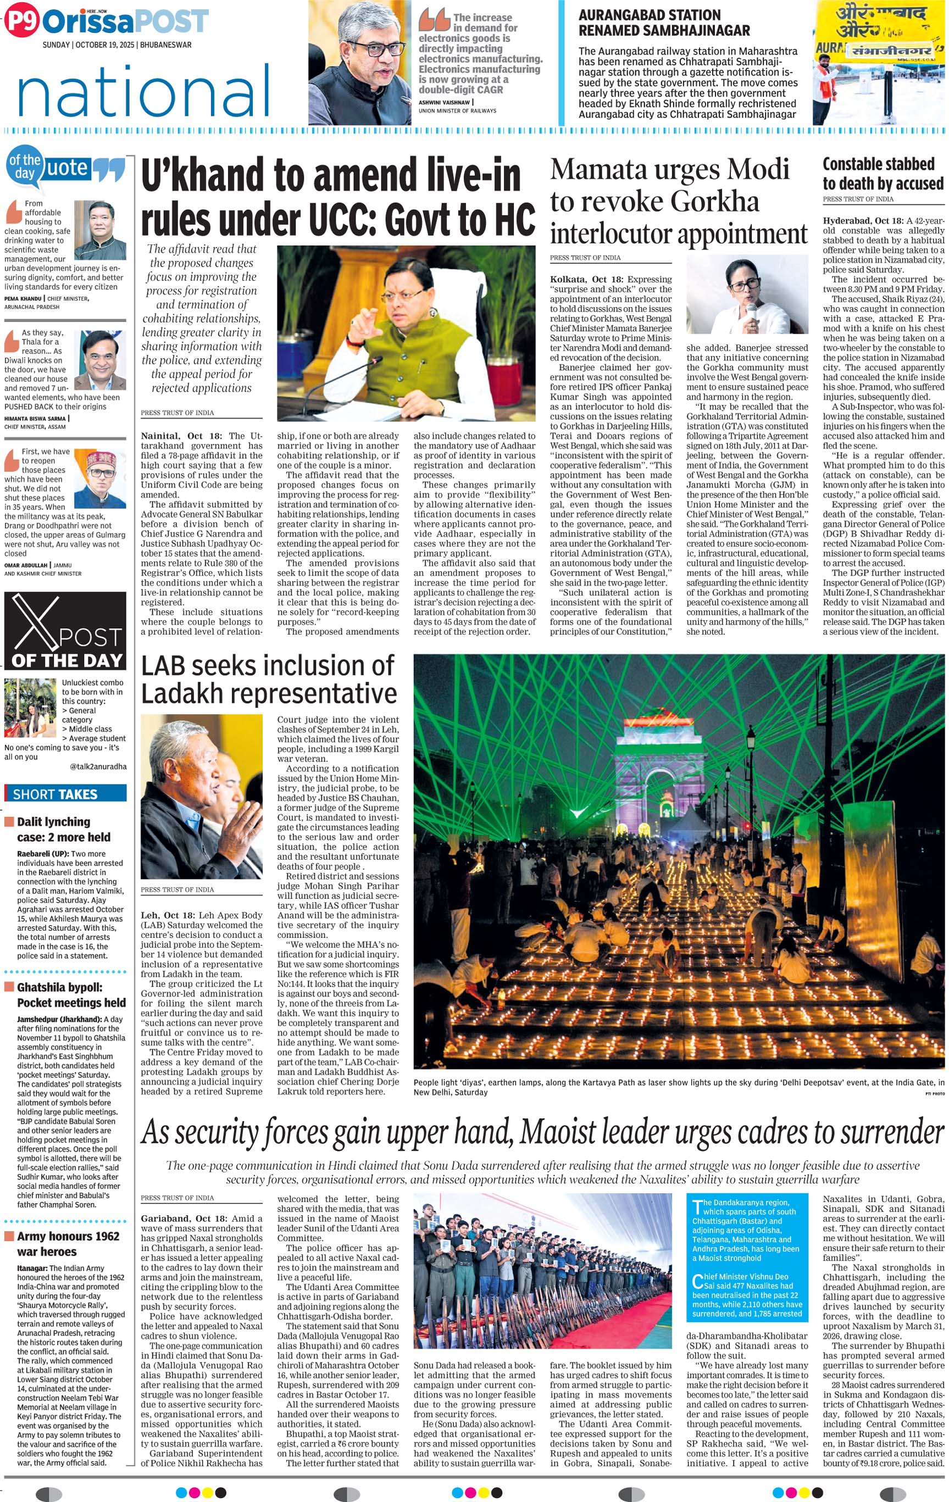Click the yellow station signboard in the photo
[879, 31]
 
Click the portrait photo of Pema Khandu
[99, 230]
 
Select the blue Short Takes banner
[65, 794]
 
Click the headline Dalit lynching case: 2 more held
[64, 829]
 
